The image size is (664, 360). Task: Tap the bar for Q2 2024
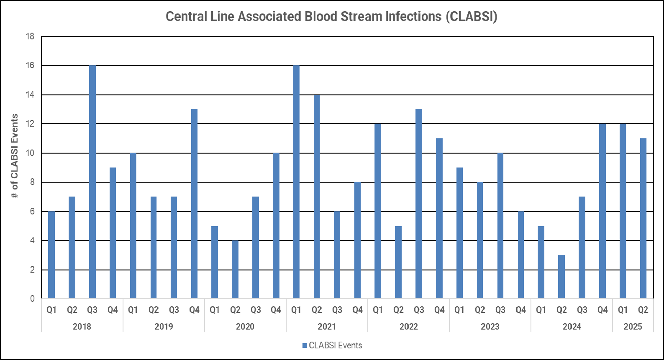(x=561, y=277)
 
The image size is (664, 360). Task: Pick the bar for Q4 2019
(x=194, y=204)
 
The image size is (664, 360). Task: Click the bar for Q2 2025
(x=643, y=218)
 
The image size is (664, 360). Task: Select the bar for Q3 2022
(x=418, y=204)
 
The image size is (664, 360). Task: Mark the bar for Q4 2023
(x=521, y=255)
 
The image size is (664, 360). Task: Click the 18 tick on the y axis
(x=30, y=36)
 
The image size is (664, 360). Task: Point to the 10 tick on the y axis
(x=30, y=153)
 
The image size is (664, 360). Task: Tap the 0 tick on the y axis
(x=32, y=299)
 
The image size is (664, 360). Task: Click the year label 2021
(x=327, y=326)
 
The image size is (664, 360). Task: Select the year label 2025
(x=633, y=326)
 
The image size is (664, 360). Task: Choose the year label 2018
(x=82, y=326)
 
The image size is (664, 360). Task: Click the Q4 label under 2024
(x=602, y=310)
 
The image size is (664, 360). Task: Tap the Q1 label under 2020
(x=215, y=310)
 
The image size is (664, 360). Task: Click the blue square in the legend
(x=304, y=346)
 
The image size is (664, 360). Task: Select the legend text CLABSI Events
(x=335, y=346)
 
